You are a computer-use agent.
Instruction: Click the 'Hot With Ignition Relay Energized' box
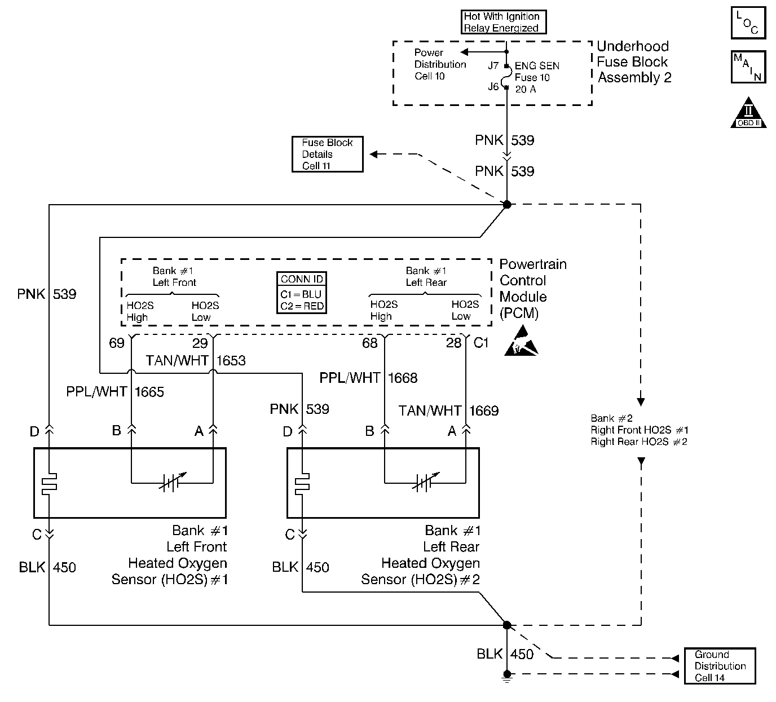pos(504,23)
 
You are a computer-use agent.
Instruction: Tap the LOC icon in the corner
pos(748,23)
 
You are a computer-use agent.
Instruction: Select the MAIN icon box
pos(748,67)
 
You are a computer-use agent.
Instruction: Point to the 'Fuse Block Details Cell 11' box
pos(327,154)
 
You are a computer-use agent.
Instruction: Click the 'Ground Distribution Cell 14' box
pos(719,666)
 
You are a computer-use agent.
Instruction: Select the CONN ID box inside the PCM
pos(302,293)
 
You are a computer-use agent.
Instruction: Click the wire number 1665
pos(149,392)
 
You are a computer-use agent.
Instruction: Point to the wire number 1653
pos(231,361)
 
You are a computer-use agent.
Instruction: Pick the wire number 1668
pos(402,378)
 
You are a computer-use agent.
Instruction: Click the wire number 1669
pos(484,410)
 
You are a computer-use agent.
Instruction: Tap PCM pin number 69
pos(117,343)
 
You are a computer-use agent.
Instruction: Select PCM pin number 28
pos(453,343)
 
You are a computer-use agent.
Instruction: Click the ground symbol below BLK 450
pos(507,678)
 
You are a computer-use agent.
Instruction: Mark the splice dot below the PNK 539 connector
pos(507,204)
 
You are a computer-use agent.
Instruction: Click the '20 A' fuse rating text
pos(526,89)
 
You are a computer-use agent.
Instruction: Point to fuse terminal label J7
pos(493,65)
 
